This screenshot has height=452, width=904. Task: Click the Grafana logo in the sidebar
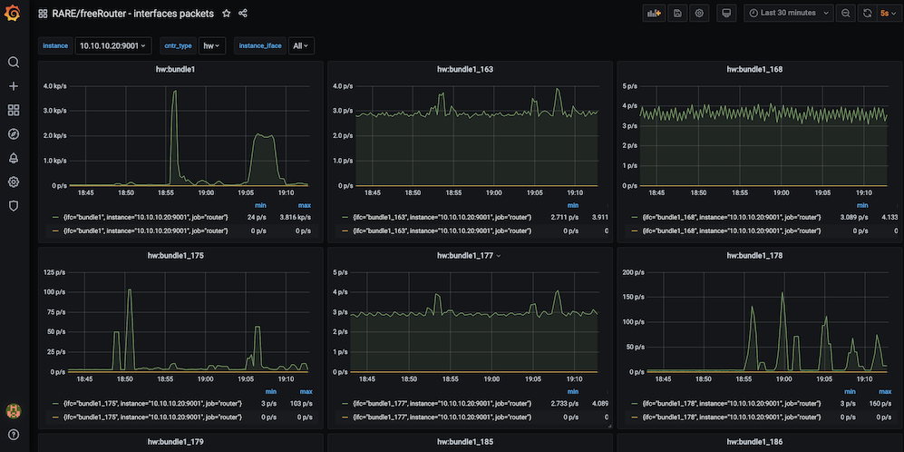[12, 13]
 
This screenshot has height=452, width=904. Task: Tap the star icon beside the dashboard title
[227, 14]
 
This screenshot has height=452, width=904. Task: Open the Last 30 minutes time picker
[788, 13]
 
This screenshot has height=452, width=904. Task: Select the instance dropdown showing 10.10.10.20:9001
[113, 45]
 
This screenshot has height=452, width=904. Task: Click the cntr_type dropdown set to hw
[211, 45]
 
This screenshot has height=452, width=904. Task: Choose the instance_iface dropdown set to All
[301, 45]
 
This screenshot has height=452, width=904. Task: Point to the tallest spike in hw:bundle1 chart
[175, 91]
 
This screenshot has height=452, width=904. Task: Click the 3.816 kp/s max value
[298, 217]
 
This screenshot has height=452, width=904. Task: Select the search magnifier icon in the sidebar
[14, 63]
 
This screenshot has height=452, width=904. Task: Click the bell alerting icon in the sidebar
[14, 158]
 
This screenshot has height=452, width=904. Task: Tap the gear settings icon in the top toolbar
[699, 13]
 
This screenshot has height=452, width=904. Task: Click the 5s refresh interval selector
[887, 13]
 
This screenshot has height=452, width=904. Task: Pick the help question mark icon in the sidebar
[14, 435]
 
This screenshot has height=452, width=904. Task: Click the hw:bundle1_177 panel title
[465, 255]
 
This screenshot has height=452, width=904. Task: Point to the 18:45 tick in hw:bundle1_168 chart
[657, 192]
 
